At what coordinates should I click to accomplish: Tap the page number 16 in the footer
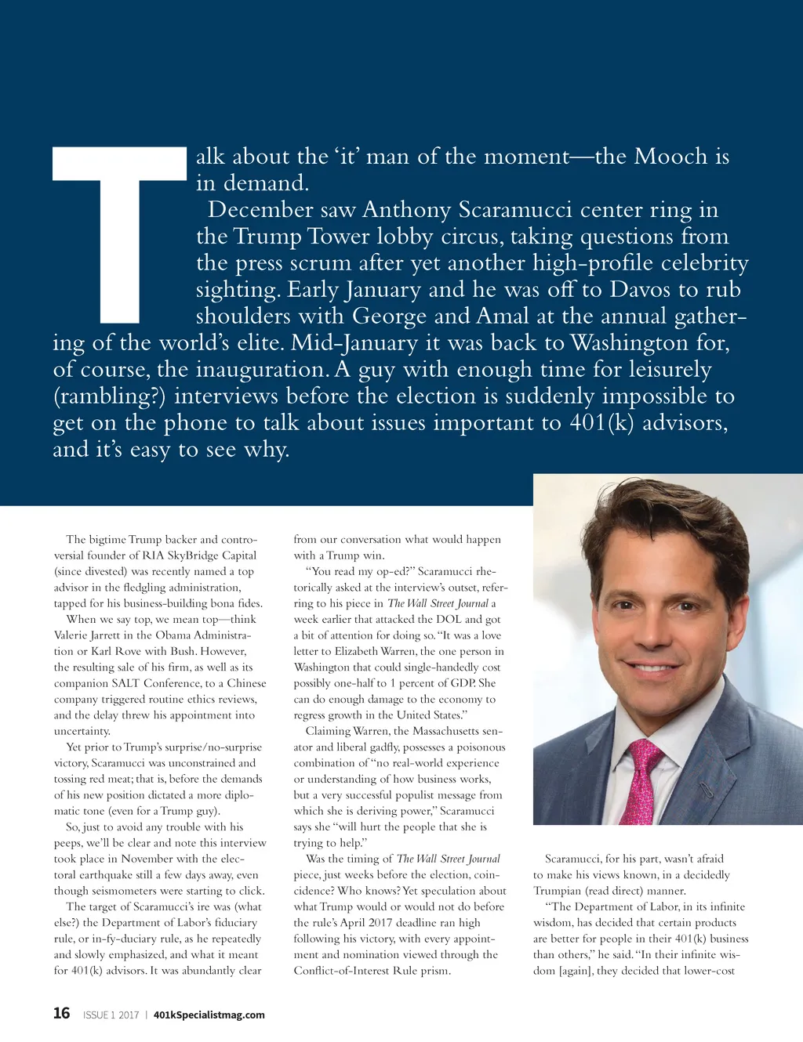(x=61, y=1013)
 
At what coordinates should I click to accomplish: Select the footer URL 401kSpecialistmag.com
(x=209, y=1015)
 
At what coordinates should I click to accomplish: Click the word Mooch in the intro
(x=670, y=157)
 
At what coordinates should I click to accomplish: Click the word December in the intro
(x=250, y=210)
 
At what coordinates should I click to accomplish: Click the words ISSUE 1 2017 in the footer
(x=111, y=1015)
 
